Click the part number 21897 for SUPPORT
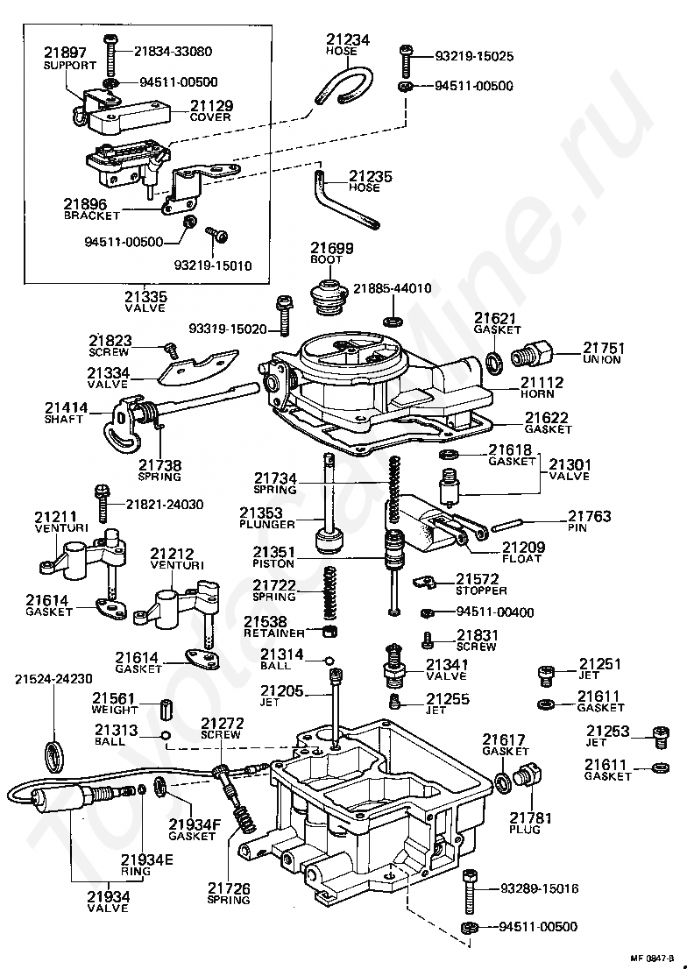coord(64,53)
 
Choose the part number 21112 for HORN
coord(542,383)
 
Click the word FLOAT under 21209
coord(523,559)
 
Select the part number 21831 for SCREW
coord(477,636)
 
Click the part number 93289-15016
coord(539,888)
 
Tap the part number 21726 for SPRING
coord(229,888)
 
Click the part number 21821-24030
coord(164,505)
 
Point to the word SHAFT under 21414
coord(64,420)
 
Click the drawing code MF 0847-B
coord(652,958)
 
